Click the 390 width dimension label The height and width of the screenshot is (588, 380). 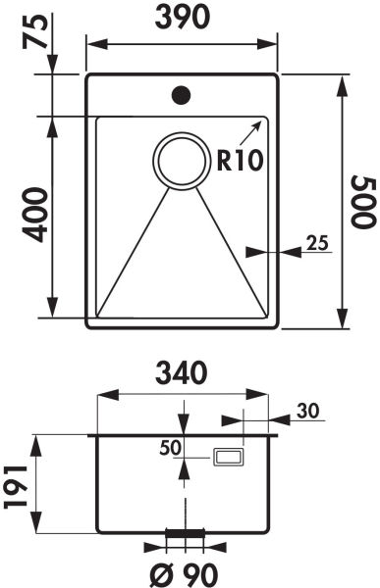point(182,18)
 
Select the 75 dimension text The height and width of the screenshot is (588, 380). point(35,32)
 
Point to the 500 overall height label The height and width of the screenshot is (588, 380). point(362,202)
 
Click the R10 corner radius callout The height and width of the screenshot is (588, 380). point(239,161)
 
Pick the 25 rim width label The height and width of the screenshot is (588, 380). point(317,243)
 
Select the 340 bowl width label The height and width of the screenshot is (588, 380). point(182,373)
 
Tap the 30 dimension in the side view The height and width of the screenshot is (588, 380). point(307,411)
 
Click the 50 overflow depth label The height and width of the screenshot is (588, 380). point(170,448)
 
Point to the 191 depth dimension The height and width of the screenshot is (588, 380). point(16,487)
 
